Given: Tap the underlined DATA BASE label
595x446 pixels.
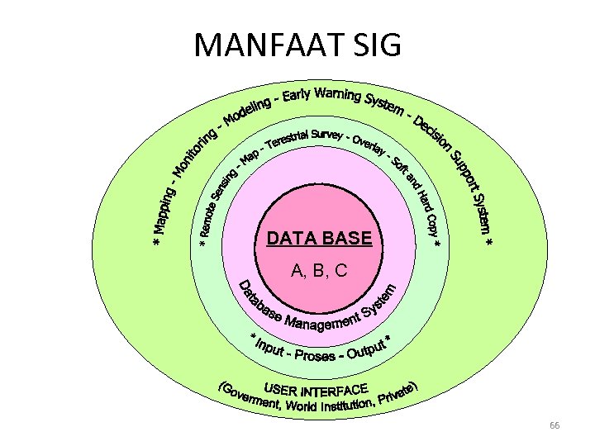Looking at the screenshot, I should click(x=319, y=239).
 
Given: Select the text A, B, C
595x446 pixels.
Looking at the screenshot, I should click(x=319, y=270).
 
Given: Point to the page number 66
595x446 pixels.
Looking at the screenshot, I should click(x=555, y=425).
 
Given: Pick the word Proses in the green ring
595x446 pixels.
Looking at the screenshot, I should click(x=315, y=355).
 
